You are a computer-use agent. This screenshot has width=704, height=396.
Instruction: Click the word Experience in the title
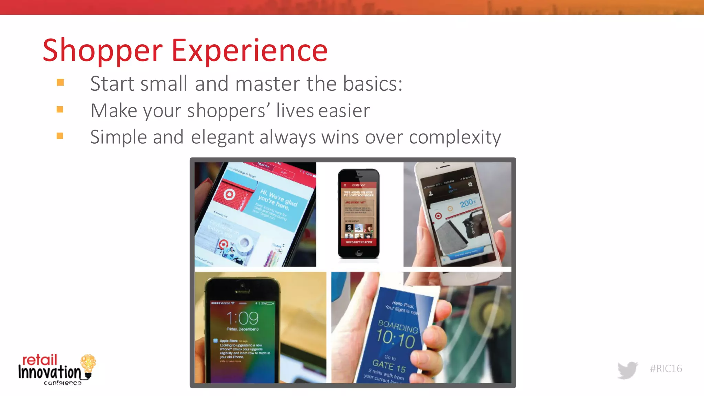[249, 51]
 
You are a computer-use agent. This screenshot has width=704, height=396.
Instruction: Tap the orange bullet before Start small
[60, 82]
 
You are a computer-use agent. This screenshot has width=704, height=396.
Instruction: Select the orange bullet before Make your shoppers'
[60, 109]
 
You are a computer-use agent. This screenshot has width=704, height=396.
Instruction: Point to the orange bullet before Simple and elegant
[60, 136]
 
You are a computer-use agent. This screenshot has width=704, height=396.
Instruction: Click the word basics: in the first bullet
[373, 84]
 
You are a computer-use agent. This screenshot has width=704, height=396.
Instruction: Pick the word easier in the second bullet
[344, 111]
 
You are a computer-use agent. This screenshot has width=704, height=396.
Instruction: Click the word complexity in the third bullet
[455, 137]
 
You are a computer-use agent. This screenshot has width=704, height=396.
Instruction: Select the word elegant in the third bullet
[222, 137]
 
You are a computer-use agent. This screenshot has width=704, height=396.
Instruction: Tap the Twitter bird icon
[627, 370]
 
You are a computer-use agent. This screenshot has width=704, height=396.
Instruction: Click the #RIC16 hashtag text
[666, 368]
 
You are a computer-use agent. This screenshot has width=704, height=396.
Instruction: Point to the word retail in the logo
[40, 360]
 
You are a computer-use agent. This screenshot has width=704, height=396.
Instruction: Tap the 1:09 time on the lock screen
[242, 318]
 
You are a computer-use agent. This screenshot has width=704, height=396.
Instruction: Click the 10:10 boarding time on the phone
[395, 339]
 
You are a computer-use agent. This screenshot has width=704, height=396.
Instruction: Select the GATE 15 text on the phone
[389, 366]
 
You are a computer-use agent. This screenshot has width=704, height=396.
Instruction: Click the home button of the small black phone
[359, 253]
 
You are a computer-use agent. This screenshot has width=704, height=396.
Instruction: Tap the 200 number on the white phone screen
[467, 203]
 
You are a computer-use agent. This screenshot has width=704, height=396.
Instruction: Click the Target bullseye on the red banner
[229, 195]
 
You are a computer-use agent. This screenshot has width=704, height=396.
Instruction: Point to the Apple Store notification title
[228, 341]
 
